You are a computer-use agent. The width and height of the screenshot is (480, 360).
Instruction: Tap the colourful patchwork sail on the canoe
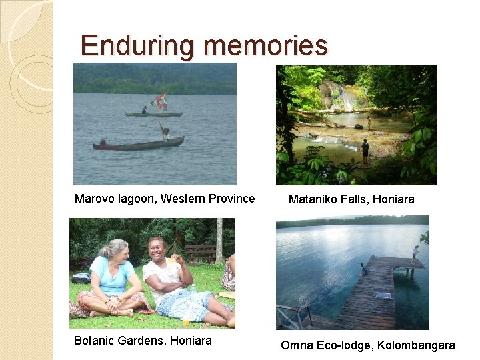point(159,102)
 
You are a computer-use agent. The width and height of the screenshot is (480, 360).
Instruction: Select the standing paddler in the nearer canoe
point(165,133)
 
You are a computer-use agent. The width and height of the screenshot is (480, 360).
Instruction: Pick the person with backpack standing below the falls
point(365,150)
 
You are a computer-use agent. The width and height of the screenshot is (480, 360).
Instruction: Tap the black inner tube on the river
point(359,126)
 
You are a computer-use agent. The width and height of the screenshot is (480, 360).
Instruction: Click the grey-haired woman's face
point(110,251)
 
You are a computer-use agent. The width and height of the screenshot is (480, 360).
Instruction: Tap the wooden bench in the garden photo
point(201,253)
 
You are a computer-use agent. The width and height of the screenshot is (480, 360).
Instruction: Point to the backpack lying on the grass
point(81,278)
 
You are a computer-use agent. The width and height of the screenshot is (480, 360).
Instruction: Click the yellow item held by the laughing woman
point(175,261)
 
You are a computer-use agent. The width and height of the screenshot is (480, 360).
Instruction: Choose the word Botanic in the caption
point(93,341)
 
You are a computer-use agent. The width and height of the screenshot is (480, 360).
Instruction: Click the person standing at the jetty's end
point(415,254)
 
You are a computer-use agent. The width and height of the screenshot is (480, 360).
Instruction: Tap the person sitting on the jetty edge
point(363,269)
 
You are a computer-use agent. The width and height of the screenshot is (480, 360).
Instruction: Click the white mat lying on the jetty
point(382,295)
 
